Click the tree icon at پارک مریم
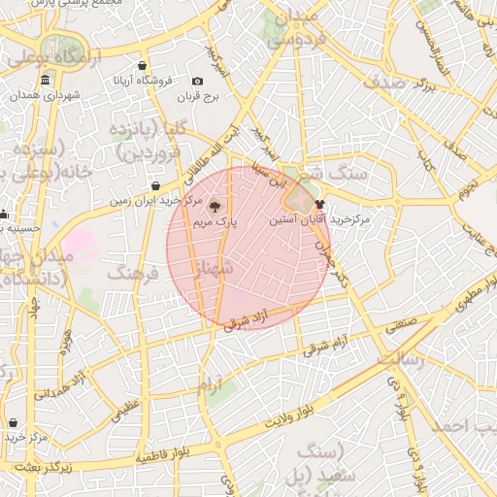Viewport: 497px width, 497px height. click(215, 206)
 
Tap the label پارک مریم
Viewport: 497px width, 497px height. click(215, 223)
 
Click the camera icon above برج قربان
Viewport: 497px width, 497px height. click(198, 82)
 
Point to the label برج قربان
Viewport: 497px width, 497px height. click(200, 97)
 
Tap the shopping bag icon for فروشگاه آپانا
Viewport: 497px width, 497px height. click(143, 65)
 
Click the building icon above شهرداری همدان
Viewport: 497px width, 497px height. click(20, 96)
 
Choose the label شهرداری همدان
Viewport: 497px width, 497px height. click(59, 96)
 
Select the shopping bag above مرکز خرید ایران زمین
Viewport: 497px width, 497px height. click(156, 186)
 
